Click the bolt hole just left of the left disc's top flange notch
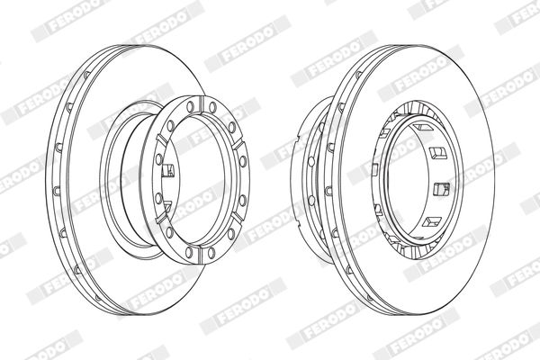(x=190, y=107)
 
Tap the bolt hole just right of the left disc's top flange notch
(x=212, y=107)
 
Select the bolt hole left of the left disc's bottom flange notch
(x=189, y=252)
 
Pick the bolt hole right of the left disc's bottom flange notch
(x=211, y=253)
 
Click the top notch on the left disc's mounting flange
(x=201, y=105)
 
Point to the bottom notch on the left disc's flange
(x=201, y=254)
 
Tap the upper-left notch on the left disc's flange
(x=162, y=139)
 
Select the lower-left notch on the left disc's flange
(x=161, y=219)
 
